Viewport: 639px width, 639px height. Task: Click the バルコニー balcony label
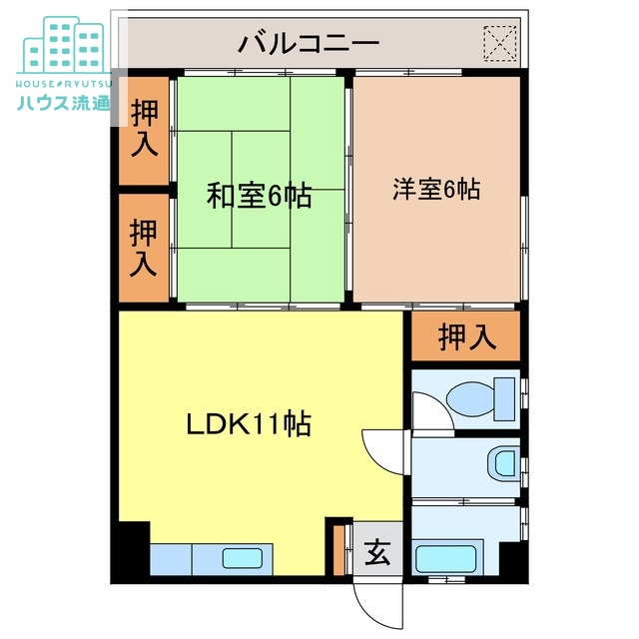tap(309, 44)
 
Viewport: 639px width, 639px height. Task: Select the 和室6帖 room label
tap(259, 196)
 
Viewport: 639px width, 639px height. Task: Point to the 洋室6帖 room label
tap(435, 189)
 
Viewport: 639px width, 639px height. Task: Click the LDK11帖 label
tap(249, 424)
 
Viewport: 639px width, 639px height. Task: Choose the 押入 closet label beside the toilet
tap(466, 338)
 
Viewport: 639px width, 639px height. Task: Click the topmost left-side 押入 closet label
tap(145, 128)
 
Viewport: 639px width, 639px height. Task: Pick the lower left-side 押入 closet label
tap(145, 248)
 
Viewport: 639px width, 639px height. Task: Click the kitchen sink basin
tap(242, 560)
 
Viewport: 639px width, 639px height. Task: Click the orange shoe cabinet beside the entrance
tap(338, 548)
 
